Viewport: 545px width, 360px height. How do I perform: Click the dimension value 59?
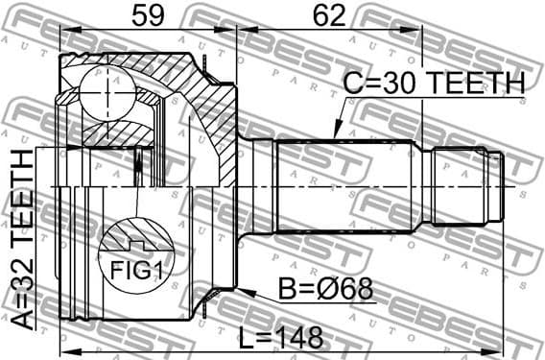(148, 16)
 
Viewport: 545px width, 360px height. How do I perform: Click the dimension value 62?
(329, 16)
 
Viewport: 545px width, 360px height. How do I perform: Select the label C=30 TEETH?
(435, 84)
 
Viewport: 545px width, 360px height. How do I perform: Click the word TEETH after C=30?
(476, 84)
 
